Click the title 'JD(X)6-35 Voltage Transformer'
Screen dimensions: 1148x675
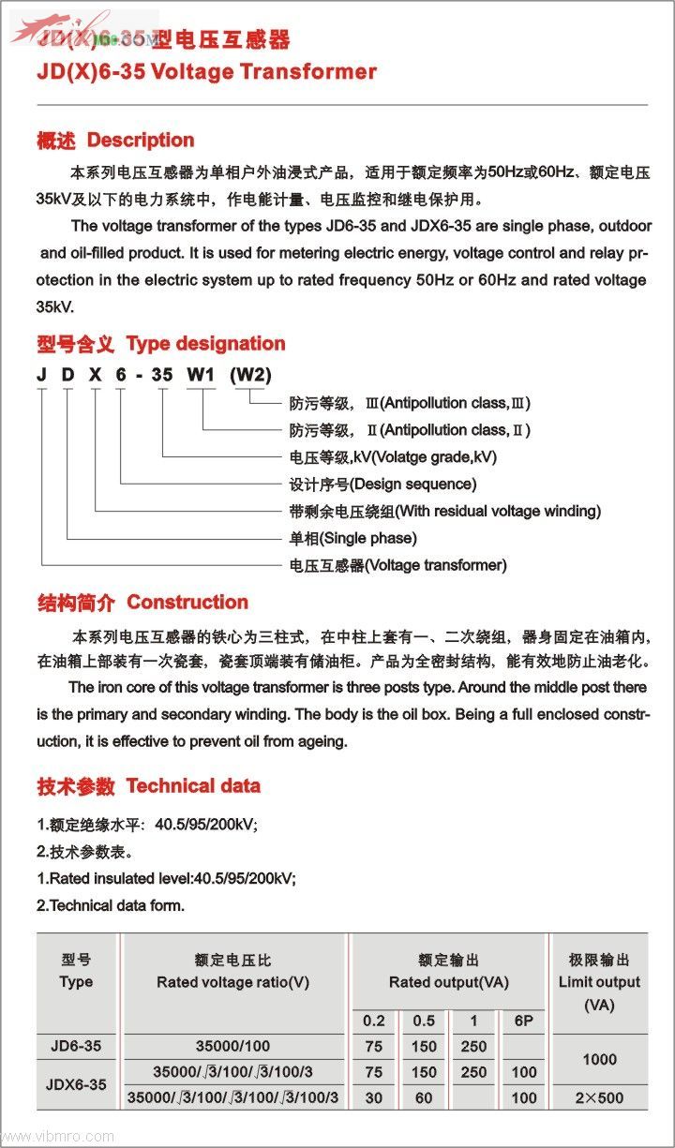click(x=206, y=72)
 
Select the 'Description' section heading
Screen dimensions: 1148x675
click(x=140, y=141)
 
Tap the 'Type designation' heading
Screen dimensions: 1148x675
click(x=205, y=344)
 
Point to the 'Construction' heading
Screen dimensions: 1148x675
click(x=187, y=603)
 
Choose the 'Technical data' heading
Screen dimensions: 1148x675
click(x=193, y=786)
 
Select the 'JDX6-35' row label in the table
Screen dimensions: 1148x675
click(x=76, y=1084)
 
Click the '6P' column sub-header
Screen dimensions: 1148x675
click(x=524, y=1021)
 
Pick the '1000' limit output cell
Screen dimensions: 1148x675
click(x=599, y=1059)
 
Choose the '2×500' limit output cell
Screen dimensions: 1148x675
click(x=599, y=1097)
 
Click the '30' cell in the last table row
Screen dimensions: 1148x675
click(x=374, y=1097)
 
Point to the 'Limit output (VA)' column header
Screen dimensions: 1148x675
click(x=599, y=982)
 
